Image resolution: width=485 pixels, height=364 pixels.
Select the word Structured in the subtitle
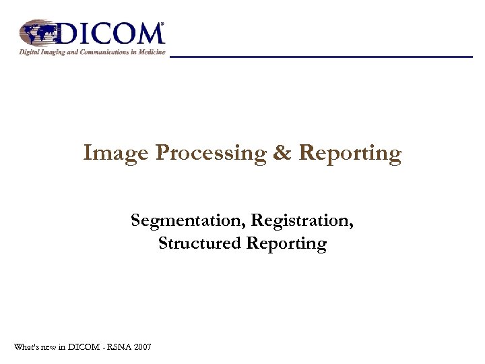(x=200, y=243)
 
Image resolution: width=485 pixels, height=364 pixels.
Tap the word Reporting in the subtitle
(x=286, y=244)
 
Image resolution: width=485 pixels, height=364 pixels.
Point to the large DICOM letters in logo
(x=111, y=33)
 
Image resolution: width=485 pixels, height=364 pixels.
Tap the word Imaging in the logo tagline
(x=57, y=53)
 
